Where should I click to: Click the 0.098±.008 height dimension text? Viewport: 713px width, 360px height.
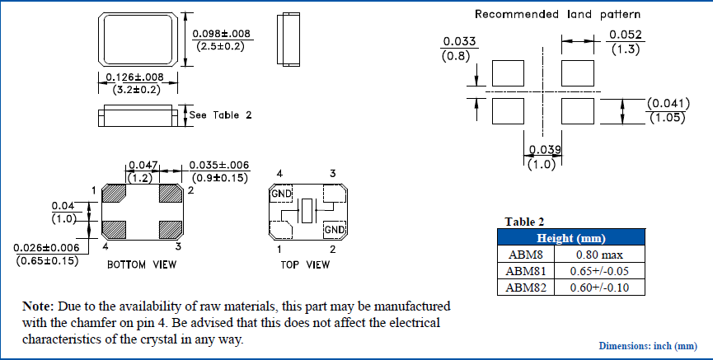(x=221, y=34)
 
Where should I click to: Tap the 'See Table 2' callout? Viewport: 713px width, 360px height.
(x=220, y=115)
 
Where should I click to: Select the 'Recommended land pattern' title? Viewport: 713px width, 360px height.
(x=557, y=14)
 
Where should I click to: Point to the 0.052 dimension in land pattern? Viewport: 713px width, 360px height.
(x=625, y=35)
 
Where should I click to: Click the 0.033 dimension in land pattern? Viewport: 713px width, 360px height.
(x=458, y=41)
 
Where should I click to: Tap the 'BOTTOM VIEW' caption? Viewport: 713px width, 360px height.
(x=141, y=264)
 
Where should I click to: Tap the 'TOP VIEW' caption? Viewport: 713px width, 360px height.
(x=305, y=264)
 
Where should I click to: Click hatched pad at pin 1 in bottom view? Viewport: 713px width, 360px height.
(x=114, y=194)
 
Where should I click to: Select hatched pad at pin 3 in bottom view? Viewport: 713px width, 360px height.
(x=171, y=227)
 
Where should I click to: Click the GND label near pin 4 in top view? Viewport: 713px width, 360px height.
(x=282, y=194)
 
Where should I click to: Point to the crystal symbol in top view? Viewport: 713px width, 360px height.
(x=307, y=211)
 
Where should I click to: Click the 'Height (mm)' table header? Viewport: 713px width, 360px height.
(x=570, y=237)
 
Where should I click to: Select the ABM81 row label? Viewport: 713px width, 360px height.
(x=526, y=270)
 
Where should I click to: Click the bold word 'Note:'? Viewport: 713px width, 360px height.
(x=38, y=306)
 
